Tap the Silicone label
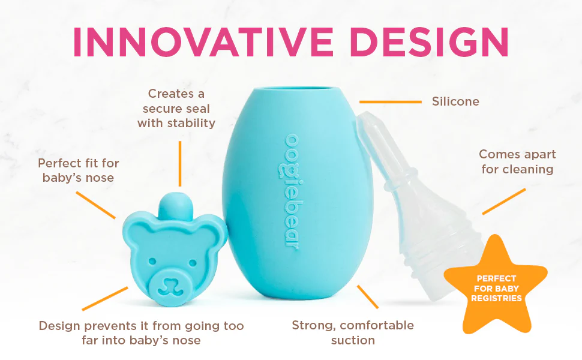point(455,101)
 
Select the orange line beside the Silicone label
point(391,101)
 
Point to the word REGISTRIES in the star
point(496,298)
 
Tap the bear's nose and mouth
point(171,286)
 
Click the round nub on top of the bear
point(176,205)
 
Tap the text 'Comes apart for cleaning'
point(517,161)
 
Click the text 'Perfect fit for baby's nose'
point(79,170)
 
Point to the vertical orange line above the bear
point(180,163)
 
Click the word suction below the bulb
point(353,340)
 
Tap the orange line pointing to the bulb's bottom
point(367,296)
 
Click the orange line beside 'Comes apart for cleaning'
point(503,201)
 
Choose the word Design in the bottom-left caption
point(60,326)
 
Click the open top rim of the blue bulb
point(296,89)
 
